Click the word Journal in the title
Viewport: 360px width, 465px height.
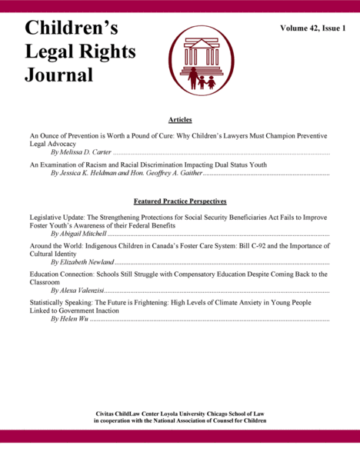[59, 75]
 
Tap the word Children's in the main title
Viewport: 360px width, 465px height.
[71, 28]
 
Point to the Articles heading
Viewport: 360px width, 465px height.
[179, 120]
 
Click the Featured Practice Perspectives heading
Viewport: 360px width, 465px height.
[179, 201]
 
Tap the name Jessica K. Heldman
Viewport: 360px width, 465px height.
[88, 174]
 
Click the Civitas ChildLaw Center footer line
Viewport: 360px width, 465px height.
[180, 414]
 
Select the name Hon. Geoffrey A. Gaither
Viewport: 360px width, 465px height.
[164, 174]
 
